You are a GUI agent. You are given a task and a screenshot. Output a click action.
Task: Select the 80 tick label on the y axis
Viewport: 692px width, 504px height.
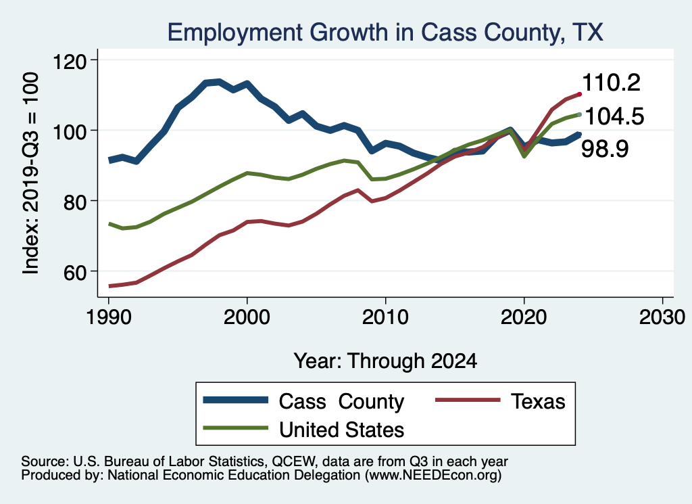click(76, 201)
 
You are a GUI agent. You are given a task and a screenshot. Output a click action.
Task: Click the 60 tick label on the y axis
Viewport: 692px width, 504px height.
click(76, 271)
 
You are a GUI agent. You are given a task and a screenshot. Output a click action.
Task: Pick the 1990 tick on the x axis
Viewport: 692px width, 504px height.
click(109, 317)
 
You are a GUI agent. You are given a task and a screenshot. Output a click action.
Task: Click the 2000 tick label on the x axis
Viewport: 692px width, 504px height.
click(247, 317)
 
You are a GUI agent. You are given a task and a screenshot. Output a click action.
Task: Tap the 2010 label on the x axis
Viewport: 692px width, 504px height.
click(385, 317)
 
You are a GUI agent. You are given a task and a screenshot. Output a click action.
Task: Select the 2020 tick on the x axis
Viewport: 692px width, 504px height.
click(524, 317)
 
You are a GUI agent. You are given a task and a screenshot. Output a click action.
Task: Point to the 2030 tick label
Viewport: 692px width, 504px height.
click(662, 317)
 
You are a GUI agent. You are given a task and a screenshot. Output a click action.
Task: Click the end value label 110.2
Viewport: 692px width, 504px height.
click(611, 83)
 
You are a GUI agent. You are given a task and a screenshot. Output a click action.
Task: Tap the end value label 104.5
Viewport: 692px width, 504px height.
click(613, 116)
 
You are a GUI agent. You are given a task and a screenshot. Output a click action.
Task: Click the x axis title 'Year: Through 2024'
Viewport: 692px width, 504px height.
click(385, 361)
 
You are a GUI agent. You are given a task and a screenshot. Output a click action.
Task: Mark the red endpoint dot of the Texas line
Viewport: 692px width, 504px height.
click(578, 93)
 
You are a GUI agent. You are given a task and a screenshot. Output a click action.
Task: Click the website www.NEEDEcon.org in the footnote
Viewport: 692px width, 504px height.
click(432, 476)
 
